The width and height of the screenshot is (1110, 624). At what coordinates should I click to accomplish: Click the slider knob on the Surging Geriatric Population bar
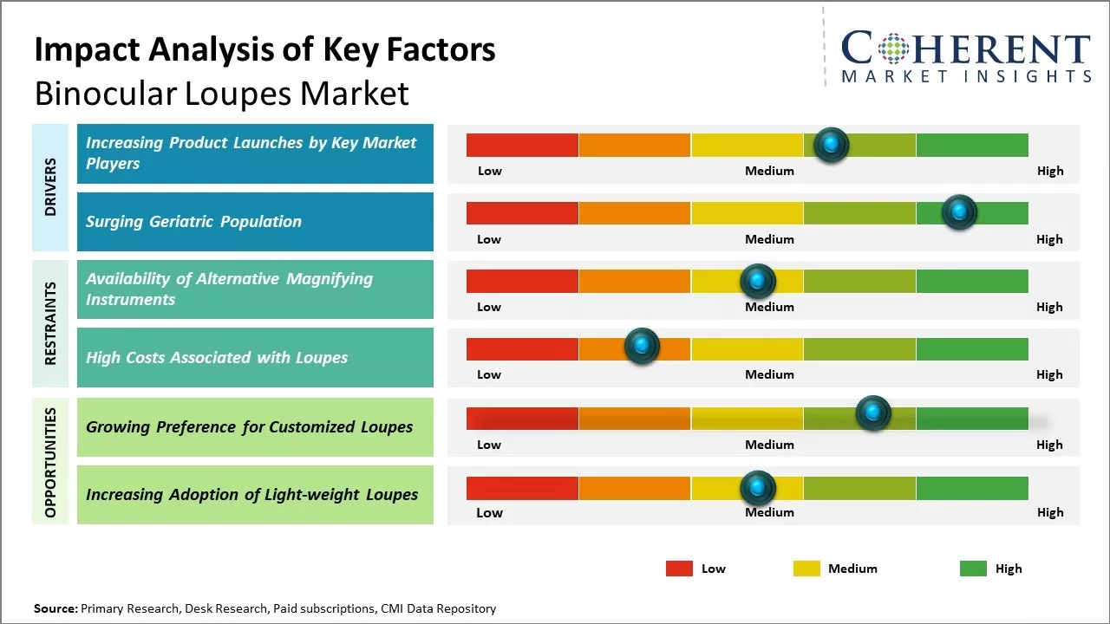point(959,212)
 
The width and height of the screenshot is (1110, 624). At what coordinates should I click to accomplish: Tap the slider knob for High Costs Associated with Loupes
point(642,347)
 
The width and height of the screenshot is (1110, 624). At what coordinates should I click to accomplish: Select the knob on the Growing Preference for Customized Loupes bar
point(872,413)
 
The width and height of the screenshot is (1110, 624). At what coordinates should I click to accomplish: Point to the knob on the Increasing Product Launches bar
point(831,145)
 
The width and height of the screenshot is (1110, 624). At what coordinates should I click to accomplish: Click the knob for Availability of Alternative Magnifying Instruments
point(757,281)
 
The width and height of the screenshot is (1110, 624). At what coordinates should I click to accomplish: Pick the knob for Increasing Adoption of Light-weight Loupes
point(757,489)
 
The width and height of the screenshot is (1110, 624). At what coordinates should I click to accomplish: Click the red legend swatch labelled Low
point(679,569)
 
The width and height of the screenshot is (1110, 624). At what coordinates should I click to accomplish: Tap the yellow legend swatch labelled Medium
point(806,569)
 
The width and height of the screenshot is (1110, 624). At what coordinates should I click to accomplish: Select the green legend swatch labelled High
point(973,569)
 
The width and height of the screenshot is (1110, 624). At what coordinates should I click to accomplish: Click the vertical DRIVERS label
point(50,187)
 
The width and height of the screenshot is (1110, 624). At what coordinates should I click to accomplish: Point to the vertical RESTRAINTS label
point(50,323)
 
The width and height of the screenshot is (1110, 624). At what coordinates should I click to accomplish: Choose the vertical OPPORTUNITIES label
point(50,462)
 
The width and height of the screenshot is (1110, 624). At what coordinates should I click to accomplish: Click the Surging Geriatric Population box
point(255,222)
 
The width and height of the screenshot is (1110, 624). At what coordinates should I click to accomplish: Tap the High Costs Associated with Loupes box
point(255,357)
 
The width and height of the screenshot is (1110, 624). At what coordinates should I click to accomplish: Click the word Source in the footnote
point(55,608)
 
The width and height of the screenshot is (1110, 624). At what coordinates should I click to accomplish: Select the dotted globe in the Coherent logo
point(892,49)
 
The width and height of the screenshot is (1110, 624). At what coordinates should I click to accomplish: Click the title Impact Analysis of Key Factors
point(264,50)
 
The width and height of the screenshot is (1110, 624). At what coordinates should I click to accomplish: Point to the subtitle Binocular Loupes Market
point(221,94)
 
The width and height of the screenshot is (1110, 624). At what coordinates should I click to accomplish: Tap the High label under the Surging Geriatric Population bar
point(1049,239)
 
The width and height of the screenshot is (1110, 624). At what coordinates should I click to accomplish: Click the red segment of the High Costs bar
point(522,348)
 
